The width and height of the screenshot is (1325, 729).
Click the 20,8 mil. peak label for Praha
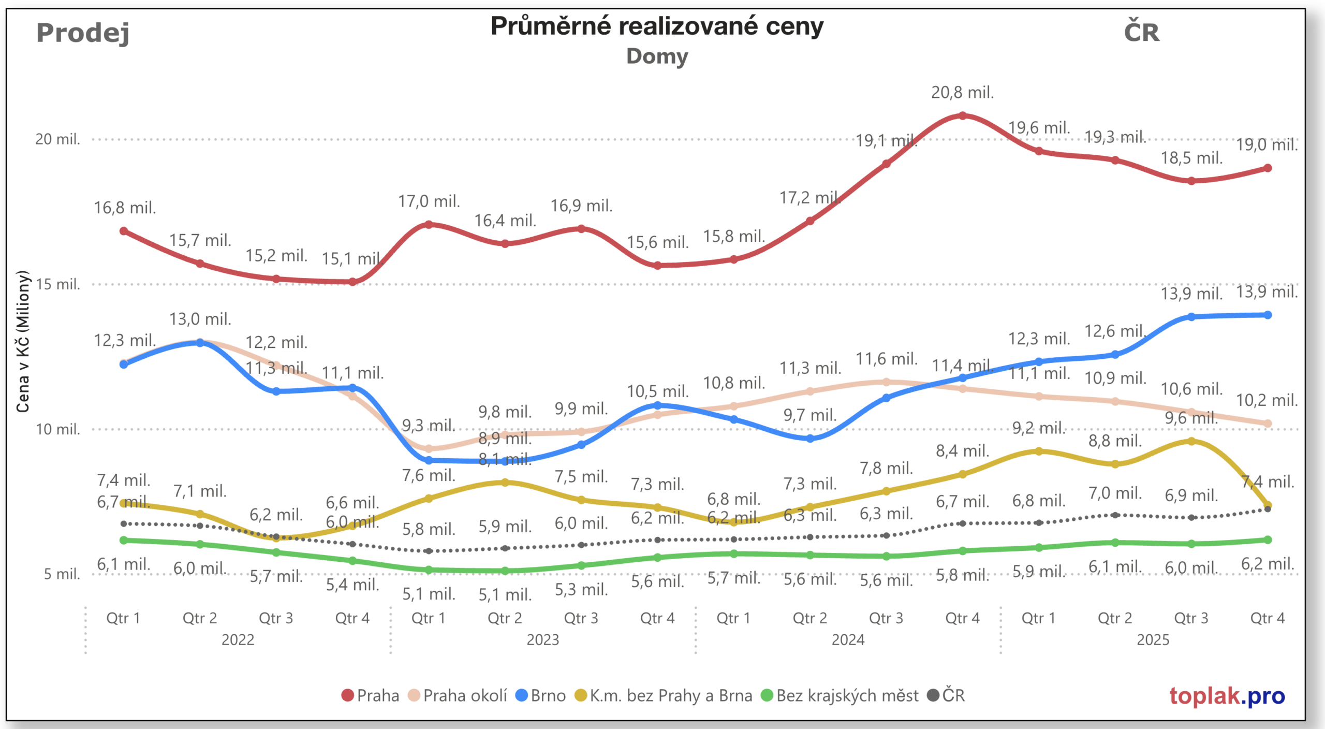coord(962,93)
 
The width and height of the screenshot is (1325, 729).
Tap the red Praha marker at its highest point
coord(962,116)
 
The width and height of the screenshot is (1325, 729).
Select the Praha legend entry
coord(371,695)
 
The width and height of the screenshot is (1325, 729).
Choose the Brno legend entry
coord(541,695)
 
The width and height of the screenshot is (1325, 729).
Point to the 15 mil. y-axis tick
coord(57,284)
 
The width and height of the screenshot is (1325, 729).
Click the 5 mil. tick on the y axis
coord(62,574)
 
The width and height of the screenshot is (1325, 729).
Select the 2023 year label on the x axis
coord(542,640)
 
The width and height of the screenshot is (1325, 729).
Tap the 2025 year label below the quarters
coord(1153,640)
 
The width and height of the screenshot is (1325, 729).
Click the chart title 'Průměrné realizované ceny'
coord(657,26)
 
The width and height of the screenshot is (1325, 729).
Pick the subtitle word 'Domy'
coord(657,56)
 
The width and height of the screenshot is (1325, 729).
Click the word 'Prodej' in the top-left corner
coord(83,33)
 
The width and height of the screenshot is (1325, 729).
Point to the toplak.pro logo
coord(1227,696)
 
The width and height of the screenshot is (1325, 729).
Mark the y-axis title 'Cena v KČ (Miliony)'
coord(22,342)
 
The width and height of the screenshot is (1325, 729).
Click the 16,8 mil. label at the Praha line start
coord(125,208)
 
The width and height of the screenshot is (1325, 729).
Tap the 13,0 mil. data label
coord(200,319)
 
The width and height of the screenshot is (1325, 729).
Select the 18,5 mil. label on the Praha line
coord(1191,158)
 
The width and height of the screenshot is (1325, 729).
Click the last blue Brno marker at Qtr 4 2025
coord(1268,315)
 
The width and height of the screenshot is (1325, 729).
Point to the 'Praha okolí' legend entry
coord(458,695)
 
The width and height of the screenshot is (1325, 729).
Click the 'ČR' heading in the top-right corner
coord(1141,33)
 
